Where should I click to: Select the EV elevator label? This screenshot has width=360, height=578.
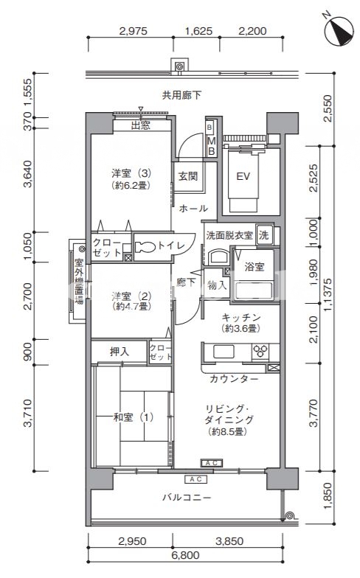(x=243, y=177)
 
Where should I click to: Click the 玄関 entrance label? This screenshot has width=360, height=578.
(x=187, y=176)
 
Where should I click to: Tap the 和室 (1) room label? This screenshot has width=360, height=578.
(x=133, y=417)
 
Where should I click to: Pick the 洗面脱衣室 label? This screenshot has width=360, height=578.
(x=229, y=234)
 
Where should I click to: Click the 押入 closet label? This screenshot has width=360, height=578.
(x=120, y=352)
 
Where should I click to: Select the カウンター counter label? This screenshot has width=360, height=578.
(x=234, y=378)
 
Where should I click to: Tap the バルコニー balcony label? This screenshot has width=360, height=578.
(x=187, y=498)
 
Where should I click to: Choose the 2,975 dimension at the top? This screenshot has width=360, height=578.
(x=133, y=31)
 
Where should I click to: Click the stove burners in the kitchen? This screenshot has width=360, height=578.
(x=261, y=351)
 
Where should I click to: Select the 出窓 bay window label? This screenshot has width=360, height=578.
(x=140, y=125)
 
